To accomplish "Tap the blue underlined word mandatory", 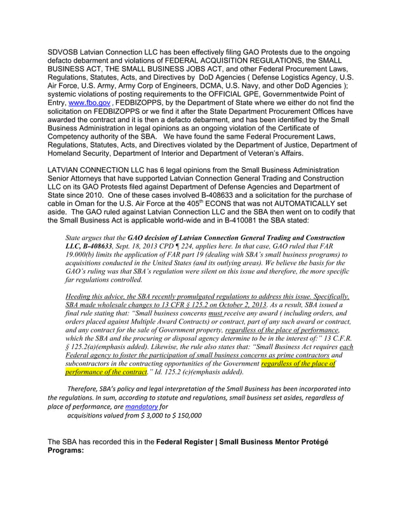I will [141, 406].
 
